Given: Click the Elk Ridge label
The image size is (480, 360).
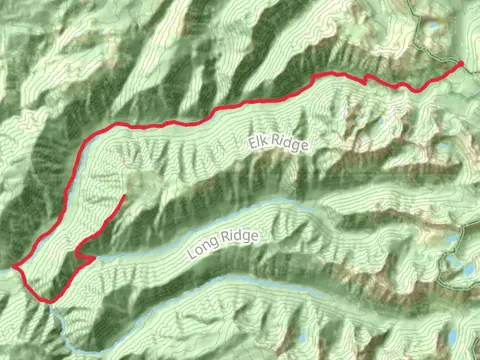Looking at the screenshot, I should [x=279, y=146].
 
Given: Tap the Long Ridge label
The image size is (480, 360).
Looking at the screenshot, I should [x=222, y=244].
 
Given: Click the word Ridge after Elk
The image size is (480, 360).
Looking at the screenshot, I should [x=290, y=143].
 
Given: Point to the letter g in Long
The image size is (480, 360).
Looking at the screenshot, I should [x=214, y=247].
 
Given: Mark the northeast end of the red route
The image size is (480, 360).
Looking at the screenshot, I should [x=462, y=63].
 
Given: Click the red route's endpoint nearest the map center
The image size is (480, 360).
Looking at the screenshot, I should [x=124, y=196].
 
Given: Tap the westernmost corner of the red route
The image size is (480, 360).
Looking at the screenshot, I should [x=14, y=267].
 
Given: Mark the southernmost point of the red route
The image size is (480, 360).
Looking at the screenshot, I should [x=46, y=300].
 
